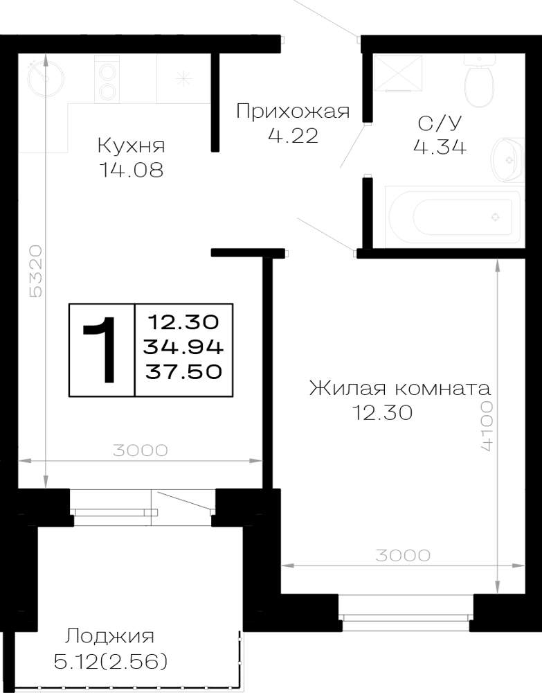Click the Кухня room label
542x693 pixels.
(131, 146)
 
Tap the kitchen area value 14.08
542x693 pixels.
(132, 170)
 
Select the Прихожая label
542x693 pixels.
(293, 111)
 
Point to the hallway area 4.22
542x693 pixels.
(293, 135)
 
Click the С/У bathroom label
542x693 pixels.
(440, 123)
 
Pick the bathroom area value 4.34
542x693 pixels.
(440, 146)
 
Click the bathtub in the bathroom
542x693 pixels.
(455, 216)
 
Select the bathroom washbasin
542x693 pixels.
(507, 159)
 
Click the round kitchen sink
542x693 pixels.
(45, 79)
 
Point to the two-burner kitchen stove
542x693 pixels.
(107, 79)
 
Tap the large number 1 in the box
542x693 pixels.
(101, 349)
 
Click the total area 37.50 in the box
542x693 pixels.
(183, 371)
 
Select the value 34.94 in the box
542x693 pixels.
(183, 347)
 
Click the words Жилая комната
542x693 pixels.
(399, 389)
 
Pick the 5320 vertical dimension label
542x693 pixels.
(35, 271)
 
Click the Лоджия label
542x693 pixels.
(110, 637)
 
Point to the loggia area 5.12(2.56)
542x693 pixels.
(110, 662)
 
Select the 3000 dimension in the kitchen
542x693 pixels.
(141, 450)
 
